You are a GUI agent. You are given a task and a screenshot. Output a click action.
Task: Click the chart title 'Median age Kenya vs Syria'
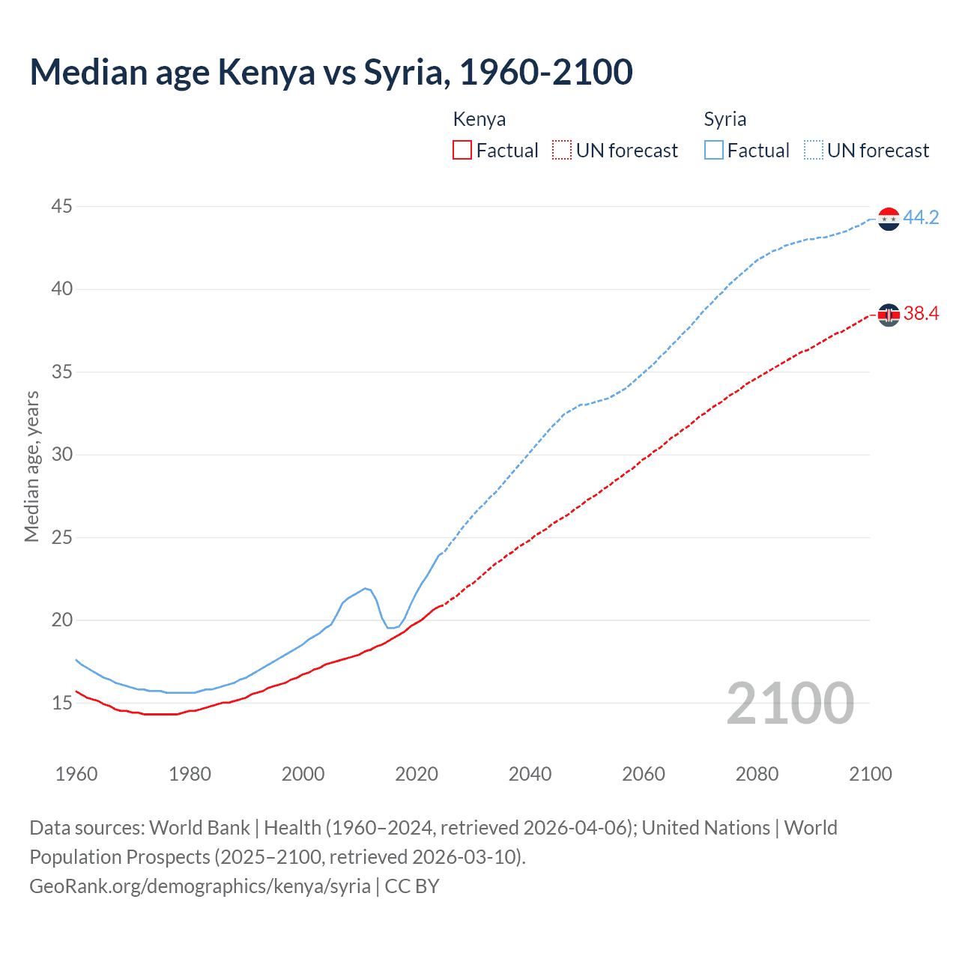330,72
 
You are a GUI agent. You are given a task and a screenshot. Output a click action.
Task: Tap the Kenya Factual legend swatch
462,150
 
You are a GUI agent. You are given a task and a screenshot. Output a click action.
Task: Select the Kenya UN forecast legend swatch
562,150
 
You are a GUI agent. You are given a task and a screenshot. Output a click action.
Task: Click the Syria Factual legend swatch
714,150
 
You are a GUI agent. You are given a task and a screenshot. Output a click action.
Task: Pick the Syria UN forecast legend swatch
814,150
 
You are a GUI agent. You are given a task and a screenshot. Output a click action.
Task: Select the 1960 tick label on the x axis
76,774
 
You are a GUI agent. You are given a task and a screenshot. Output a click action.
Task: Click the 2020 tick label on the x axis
417,774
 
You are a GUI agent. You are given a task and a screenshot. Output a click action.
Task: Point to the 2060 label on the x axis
644,774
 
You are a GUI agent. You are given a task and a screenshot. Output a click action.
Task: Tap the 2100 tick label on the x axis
870,774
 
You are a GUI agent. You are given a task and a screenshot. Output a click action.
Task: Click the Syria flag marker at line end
889,219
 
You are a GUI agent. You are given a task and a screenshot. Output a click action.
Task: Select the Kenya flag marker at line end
889,315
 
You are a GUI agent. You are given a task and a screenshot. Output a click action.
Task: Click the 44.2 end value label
921,218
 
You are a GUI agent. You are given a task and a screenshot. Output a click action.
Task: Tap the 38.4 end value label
921,314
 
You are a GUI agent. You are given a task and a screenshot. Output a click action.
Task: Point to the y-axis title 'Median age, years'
31,466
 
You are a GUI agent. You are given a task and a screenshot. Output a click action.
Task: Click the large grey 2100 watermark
790,703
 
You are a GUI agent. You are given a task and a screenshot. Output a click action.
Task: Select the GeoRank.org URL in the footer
200,886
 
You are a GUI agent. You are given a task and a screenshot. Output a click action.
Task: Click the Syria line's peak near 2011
366,588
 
